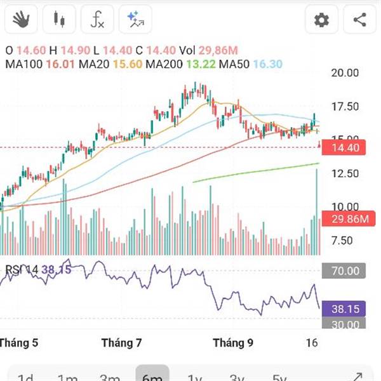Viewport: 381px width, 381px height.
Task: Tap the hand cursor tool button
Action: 20,20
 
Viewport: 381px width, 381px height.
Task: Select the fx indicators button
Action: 97,20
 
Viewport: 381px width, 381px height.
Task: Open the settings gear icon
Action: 322,20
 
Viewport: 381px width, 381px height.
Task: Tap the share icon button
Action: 359,20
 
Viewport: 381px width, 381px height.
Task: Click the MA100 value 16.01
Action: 58,64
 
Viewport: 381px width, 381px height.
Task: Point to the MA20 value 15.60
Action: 126,64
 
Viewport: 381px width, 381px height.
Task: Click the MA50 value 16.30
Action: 268,64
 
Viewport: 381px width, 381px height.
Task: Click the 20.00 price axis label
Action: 345,73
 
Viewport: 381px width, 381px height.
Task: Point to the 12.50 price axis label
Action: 345,173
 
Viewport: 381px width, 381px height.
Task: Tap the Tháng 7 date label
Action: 121,343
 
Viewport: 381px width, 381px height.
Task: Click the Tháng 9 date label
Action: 233,343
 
